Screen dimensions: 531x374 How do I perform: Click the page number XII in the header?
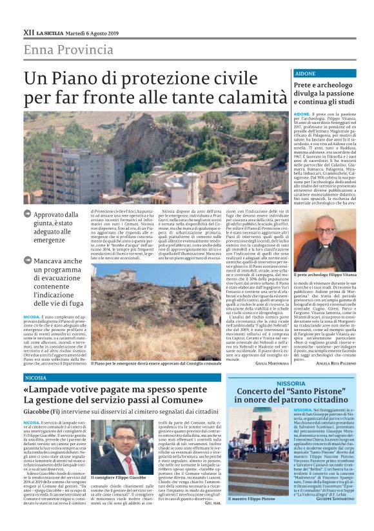(x=28, y=32)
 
